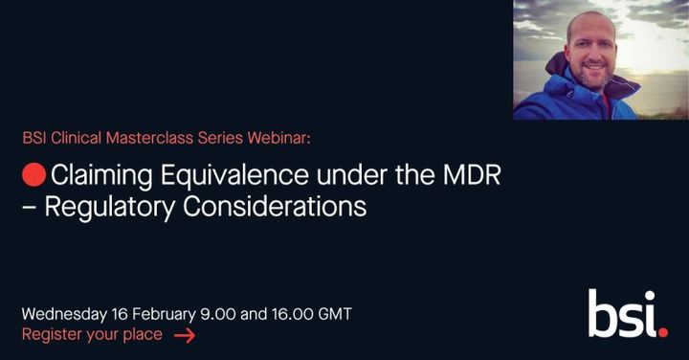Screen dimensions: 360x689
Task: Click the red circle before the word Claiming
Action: coord(33,177)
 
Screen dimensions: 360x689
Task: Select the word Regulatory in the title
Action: coord(105,206)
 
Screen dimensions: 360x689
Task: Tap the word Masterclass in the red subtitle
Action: coord(138,138)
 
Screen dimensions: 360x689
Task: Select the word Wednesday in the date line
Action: coord(64,314)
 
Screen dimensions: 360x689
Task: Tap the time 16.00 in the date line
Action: coord(284,314)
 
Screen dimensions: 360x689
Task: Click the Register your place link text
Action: coord(92,334)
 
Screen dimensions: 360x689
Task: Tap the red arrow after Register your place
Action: coord(185,335)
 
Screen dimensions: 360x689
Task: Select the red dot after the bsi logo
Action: coord(663,330)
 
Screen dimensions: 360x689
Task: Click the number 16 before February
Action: coord(119,314)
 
